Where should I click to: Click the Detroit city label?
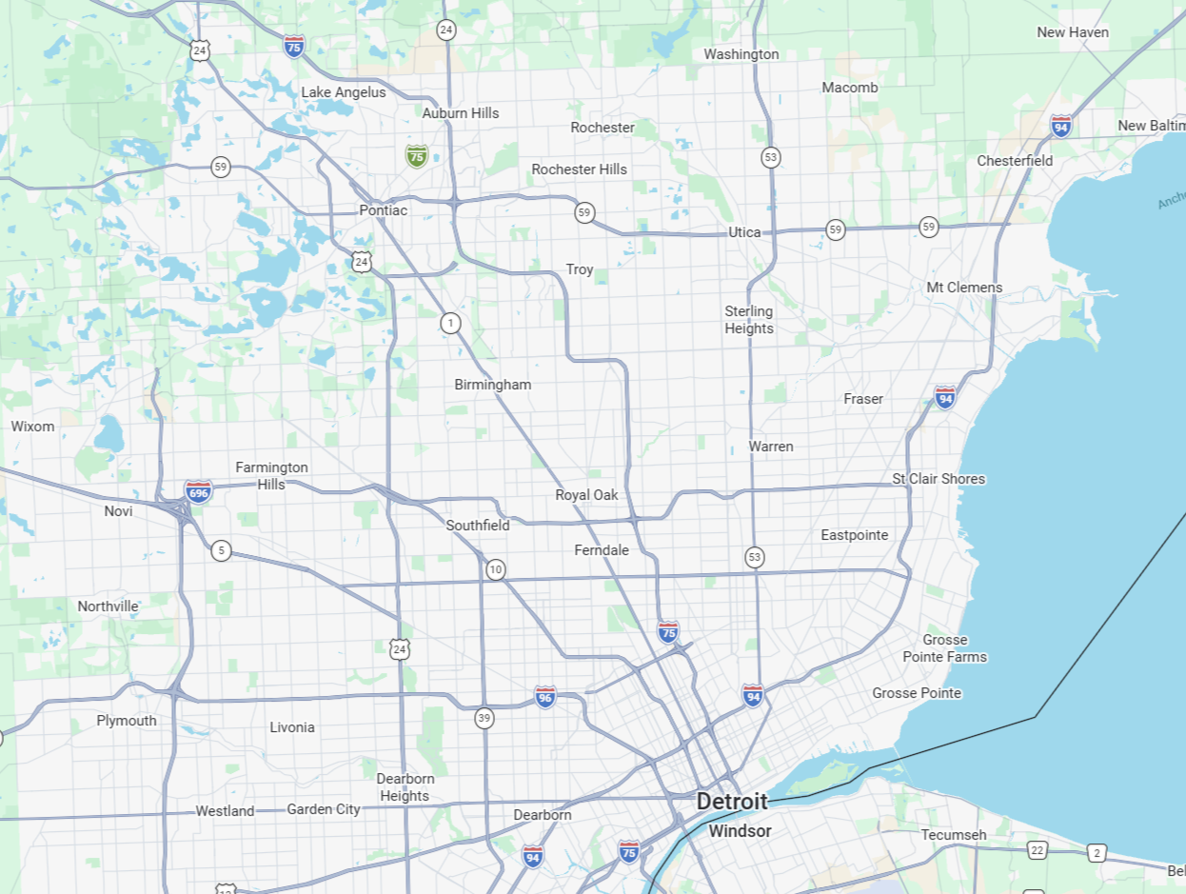tap(731, 802)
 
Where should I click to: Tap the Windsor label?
tap(740, 831)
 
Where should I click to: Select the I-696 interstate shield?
tap(199, 491)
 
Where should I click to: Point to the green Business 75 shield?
tap(416, 155)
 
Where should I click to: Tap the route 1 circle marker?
tap(450, 324)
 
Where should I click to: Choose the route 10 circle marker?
tap(495, 570)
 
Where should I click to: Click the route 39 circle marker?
tap(484, 718)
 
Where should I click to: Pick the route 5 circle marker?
tap(221, 550)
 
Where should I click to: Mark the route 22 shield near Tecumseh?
tap(1037, 850)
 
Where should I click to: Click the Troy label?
tap(580, 269)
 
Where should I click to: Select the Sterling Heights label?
tap(749, 320)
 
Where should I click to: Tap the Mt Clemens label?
tap(964, 288)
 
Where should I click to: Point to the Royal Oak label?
tap(586, 495)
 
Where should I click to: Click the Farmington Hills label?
tap(271, 475)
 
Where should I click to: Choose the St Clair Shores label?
tap(939, 479)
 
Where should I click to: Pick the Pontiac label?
tap(383, 209)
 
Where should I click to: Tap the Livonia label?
tap(291, 727)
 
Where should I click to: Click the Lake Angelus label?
tap(344, 92)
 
